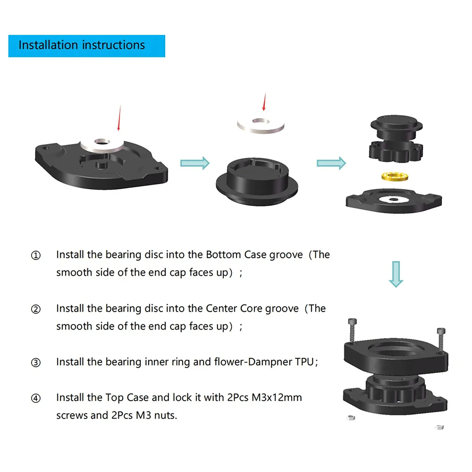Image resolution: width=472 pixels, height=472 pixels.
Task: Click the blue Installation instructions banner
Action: point(87,46)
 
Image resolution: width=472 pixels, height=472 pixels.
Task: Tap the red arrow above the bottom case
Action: point(119,118)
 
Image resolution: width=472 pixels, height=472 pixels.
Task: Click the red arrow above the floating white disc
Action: point(264,102)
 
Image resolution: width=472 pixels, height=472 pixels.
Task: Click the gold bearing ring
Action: point(395,176)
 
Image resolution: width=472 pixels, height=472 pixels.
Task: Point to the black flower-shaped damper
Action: point(396,152)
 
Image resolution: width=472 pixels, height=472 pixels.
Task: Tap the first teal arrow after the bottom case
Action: point(195,163)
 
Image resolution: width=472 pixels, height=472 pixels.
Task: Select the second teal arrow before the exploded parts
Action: point(331,163)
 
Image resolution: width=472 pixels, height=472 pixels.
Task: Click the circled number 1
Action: point(36,255)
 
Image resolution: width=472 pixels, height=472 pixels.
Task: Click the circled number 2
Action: point(36,309)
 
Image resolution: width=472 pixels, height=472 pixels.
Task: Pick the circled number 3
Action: point(36,363)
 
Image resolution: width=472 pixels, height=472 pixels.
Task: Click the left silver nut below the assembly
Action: point(351,418)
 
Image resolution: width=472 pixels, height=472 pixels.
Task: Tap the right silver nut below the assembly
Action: point(440,427)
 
